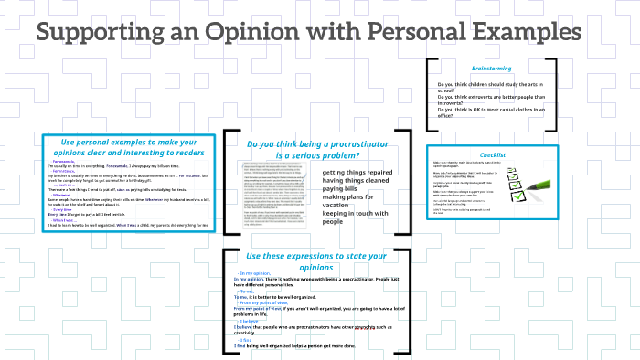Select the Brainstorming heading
[491, 69]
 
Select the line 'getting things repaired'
[357, 172]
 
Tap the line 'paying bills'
[342, 188]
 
